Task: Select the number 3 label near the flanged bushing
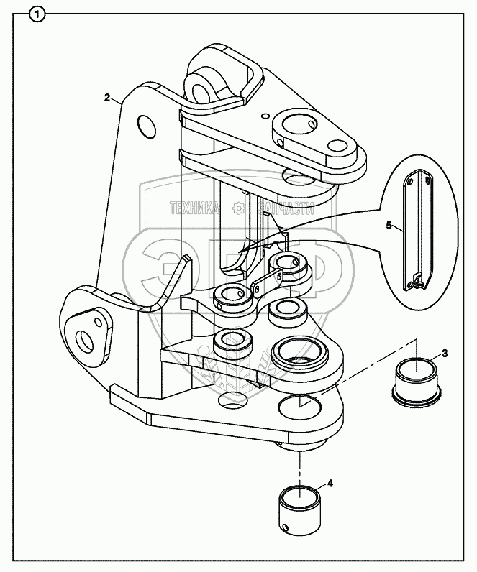click(x=445, y=353)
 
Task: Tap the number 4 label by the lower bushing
click(x=330, y=484)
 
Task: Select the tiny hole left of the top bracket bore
click(x=265, y=114)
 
